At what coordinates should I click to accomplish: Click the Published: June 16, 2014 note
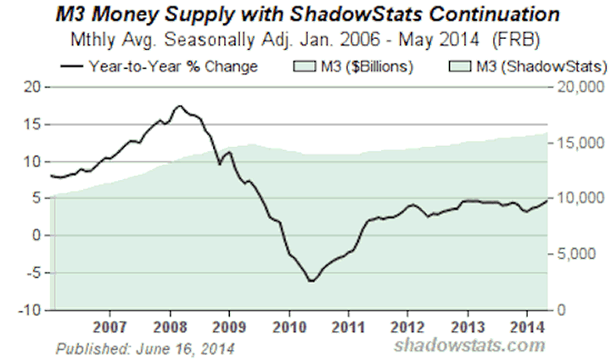pyautogui.click(x=145, y=347)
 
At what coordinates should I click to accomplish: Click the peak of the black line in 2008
pyautogui.click(x=178, y=106)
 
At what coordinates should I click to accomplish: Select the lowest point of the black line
pyautogui.click(x=311, y=281)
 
